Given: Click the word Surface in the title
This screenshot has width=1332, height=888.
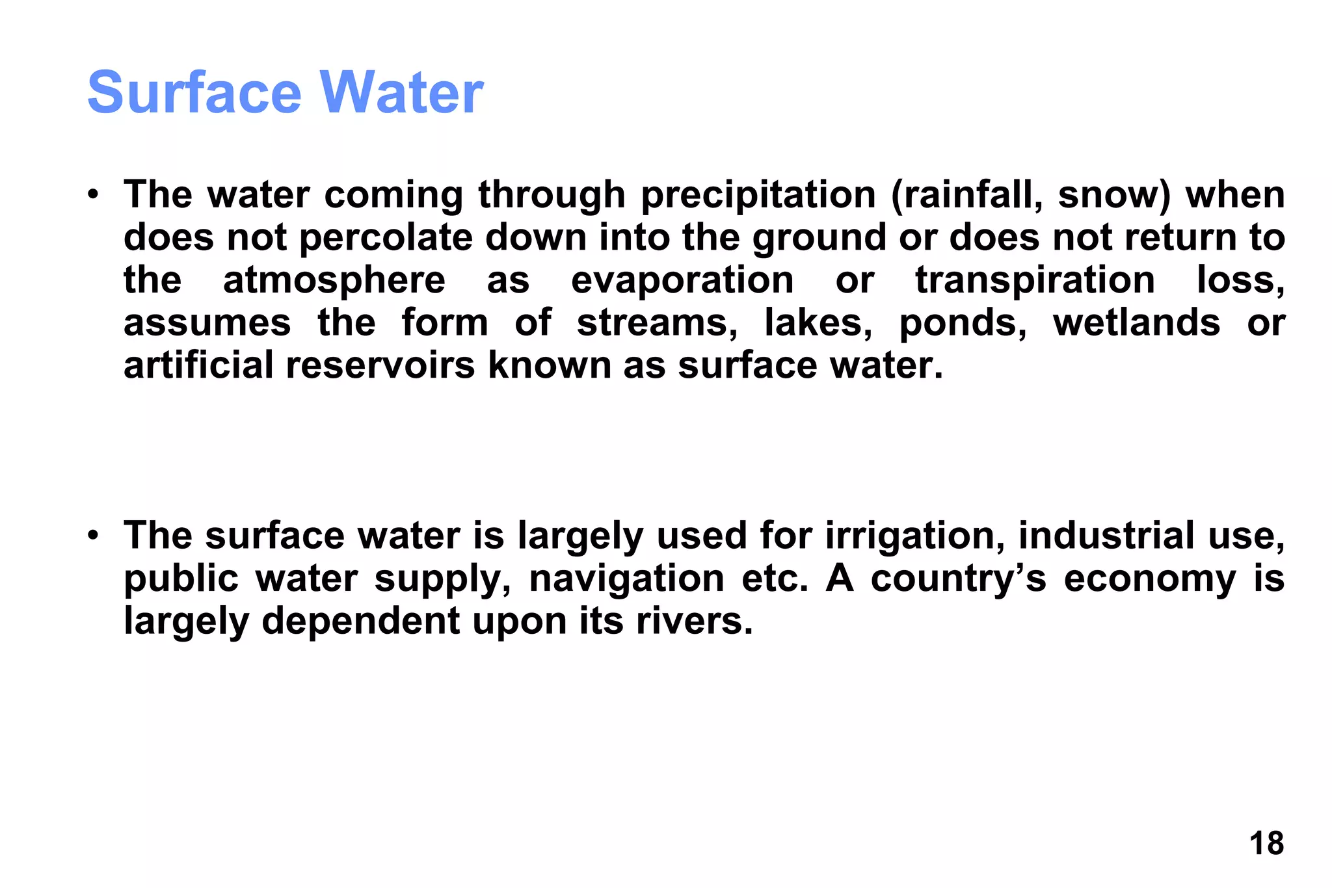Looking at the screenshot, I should click(x=194, y=92).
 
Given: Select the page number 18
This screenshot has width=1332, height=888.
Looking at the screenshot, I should click(x=1266, y=844).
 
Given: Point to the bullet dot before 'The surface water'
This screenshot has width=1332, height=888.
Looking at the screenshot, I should click(x=94, y=536).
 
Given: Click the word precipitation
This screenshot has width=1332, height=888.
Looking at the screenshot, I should click(x=758, y=196).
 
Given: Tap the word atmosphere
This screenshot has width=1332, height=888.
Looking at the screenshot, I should click(x=334, y=280).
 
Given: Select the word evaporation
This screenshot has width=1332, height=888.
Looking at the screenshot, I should click(x=682, y=280).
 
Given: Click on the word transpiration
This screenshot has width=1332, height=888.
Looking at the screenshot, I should click(x=1035, y=280).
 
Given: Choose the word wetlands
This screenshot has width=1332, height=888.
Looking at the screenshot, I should click(x=1136, y=323).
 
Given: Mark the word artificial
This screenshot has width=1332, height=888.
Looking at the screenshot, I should click(x=198, y=365).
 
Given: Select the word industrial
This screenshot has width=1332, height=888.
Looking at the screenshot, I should click(x=1106, y=536).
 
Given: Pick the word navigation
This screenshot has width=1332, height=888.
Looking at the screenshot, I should click(x=626, y=579).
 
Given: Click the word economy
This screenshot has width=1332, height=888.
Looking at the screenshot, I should click(x=1150, y=580).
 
